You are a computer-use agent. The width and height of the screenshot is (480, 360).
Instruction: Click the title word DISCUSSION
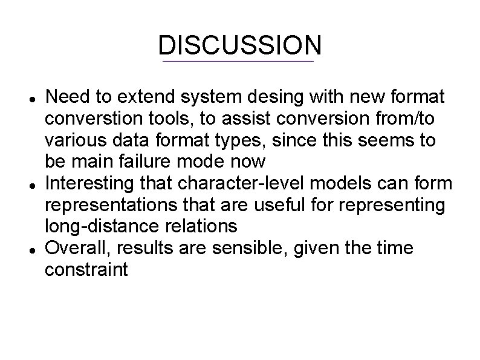pyautogui.click(x=239, y=45)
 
